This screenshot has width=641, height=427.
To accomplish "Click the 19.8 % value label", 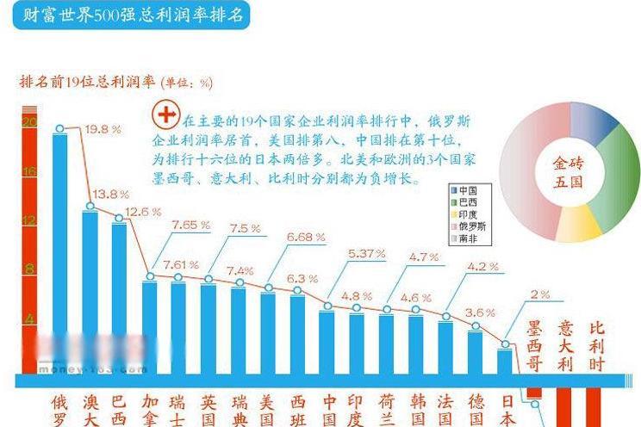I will (x=103, y=129).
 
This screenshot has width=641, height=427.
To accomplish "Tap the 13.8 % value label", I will (x=113, y=194).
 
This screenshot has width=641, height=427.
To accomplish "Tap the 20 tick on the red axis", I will (x=29, y=122).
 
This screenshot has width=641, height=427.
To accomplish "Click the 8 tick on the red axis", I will (x=29, y=270).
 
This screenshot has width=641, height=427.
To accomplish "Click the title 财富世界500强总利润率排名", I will (x=129, y=16).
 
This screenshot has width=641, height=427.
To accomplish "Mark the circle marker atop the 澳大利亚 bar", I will (x=90, y=207).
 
